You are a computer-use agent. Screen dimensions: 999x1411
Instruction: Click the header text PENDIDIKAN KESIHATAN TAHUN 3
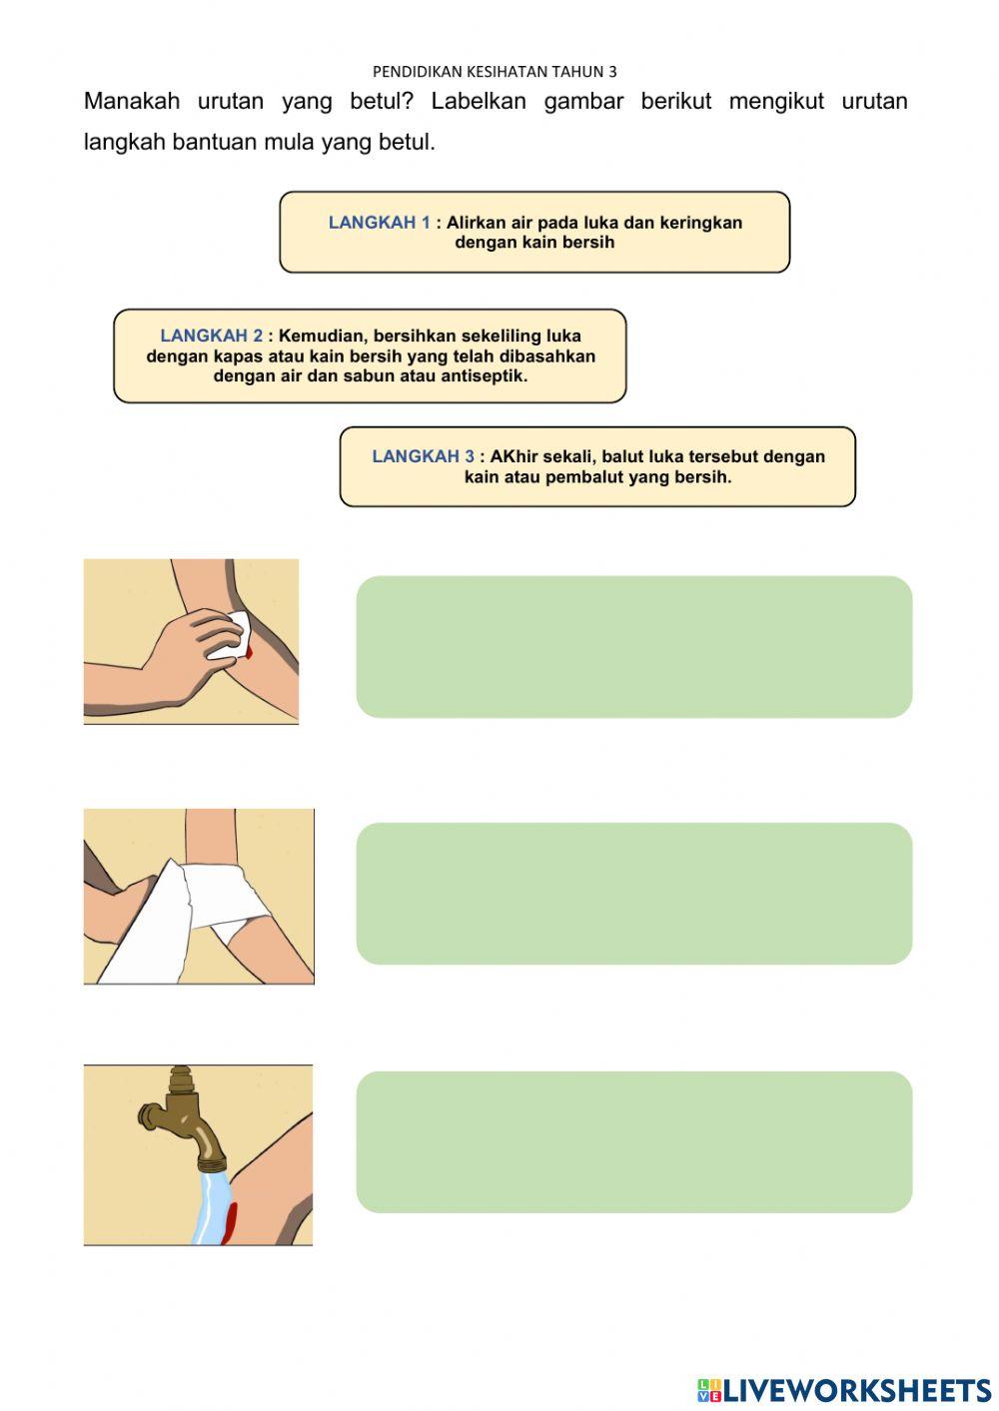495,72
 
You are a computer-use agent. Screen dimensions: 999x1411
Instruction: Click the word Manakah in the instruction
132,101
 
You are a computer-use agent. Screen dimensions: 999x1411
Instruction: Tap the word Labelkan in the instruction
479,101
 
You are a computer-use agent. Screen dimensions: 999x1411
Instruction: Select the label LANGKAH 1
380,223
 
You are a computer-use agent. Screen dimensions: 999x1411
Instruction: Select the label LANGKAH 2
211,336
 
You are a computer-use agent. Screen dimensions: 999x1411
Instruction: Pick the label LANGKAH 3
423,456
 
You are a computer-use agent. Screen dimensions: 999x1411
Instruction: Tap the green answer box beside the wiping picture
634,646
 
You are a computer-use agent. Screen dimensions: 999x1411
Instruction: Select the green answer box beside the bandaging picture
634,893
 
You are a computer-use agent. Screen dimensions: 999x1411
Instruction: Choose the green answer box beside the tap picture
634,1142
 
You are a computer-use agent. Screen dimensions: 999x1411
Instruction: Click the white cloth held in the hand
230,635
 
